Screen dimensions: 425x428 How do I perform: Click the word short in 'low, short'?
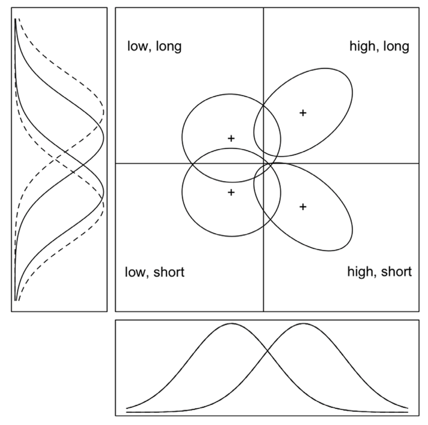point(169,272)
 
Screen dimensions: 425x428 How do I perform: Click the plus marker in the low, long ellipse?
point(231,138)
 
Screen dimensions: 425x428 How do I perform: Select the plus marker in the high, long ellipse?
point(303,113)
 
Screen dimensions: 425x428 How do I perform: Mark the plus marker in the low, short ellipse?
point(231,192)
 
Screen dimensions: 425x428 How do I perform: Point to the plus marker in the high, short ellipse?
point(303,206)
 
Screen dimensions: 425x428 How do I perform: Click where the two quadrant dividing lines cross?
point(264,163)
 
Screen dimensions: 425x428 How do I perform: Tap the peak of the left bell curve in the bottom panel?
point(231,323)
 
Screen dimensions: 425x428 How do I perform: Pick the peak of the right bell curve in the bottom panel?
point(303,323)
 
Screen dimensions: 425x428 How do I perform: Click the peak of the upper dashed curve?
point(103,112)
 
